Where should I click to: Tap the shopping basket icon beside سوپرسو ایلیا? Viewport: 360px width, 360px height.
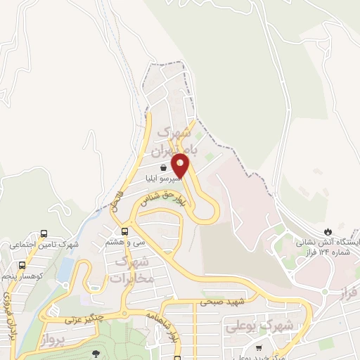[163, 168]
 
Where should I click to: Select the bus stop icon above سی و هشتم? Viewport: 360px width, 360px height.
[124, 231]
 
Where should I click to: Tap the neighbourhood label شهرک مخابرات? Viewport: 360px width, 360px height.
[131, 269]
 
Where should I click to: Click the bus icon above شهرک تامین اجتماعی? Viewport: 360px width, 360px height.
[44, 234]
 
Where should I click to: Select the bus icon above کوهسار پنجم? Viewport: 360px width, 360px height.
[22, 266]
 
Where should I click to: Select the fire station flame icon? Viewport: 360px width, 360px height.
[328, 231]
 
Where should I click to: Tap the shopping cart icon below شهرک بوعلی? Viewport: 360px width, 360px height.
[259, 347]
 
